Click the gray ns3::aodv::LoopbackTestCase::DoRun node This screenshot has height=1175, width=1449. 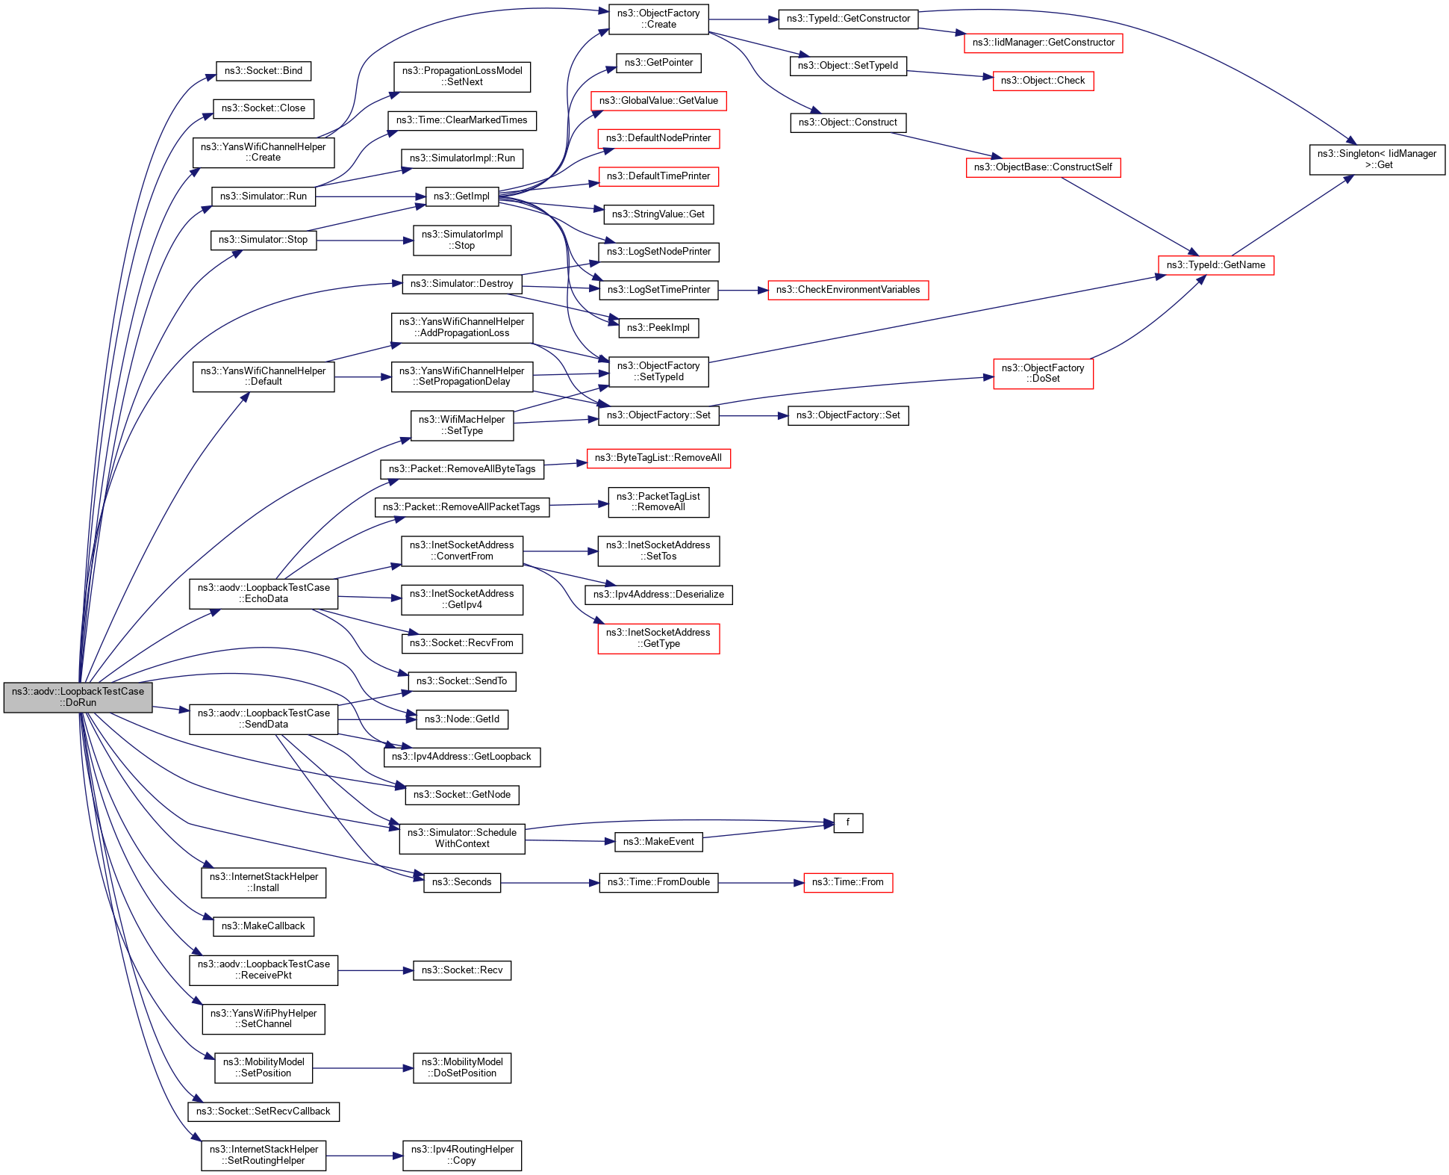pos(78,697)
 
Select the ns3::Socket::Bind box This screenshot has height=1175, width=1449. pos(263,71)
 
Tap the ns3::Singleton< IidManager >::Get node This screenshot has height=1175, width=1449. pos(1377,160)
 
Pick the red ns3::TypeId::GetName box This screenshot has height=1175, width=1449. pos(1215,265)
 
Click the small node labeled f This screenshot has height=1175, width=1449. pos(847,822)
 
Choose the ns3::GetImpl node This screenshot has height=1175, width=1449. pos(461,196)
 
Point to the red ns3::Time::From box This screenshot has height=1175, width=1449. pos(847,882)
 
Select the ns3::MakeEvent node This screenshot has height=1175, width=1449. pos(658,842)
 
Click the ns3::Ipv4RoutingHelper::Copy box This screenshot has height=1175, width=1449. pos(461,1155)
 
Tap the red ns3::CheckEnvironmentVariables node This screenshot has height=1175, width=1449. pos(847,290)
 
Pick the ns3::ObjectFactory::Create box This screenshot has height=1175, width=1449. pos(658,19)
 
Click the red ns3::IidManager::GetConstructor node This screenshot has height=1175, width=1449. pos(1043,43)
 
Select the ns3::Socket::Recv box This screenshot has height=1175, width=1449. pos(461,970)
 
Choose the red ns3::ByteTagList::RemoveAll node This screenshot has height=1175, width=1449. pos(658,458)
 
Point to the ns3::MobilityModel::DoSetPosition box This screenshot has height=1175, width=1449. pos(461,1067)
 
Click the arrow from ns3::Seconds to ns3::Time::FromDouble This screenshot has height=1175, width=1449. pos(549,883)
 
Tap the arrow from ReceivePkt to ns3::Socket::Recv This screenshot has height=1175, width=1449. pos(375,970)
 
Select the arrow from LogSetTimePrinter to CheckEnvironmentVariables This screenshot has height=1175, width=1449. pos(743,290)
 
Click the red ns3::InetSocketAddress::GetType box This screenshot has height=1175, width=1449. pos(658,638)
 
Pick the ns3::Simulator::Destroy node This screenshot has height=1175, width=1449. pos(461,284)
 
